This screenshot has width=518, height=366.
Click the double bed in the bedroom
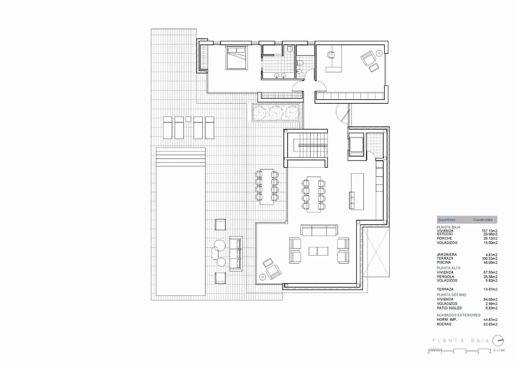pos(236,58)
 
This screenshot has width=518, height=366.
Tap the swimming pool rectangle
pos(181,227)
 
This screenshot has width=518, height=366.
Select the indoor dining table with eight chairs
pos(313,194)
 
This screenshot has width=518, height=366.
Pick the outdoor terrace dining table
pos(267,187)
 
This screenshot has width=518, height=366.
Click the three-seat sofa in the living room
pos(319,230)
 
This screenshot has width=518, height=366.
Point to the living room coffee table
pos(318,251)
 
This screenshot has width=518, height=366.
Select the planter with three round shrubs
pos(276,113)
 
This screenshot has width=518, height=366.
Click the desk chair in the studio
pos(331,55)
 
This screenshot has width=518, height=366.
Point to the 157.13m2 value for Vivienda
pos(490,231)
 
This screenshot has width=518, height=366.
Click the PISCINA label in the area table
pos(444,262)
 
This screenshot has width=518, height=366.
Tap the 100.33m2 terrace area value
pos(490,258)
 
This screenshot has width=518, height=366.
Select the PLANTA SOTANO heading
pos(452,295)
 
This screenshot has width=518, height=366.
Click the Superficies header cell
pos(446,220)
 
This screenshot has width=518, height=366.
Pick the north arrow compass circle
pos(498,340)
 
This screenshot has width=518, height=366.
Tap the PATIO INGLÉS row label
pos(449,308)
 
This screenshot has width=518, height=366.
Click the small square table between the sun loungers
pos(188,119)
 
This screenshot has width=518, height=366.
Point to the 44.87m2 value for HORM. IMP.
pos(490,320)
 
